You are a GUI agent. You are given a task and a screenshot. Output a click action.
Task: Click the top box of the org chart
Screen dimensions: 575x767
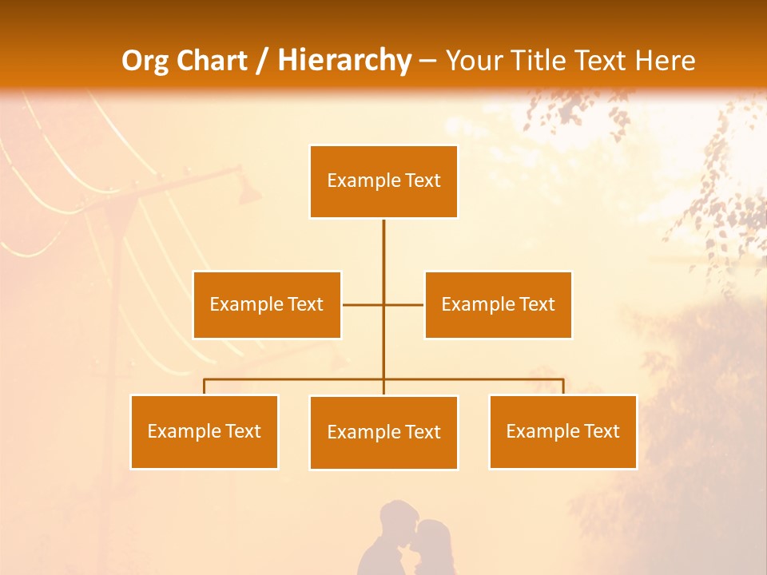click(x=383, y=181)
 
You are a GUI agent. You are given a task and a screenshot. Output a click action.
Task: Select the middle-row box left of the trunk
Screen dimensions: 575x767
click(x=267, y=304)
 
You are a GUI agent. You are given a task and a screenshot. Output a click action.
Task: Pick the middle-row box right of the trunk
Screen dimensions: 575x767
click(x=498, y=304)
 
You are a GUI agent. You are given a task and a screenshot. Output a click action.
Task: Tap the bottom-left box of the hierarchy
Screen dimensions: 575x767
click(x=204, y=431)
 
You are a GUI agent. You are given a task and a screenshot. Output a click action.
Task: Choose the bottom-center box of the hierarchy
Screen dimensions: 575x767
click(x=383, y=432)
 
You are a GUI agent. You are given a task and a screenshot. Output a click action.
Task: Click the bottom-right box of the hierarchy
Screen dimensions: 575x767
click(x=562, y=431)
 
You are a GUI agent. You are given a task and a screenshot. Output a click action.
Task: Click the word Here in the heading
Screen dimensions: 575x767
click(x=666, y=61)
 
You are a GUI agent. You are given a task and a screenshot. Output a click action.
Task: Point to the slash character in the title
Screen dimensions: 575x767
click(x=262, y=61)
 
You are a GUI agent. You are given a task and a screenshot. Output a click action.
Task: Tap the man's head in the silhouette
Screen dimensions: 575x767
click(x=396, y=516)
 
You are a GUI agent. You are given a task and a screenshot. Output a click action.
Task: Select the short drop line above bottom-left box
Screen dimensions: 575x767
click(x=204, y=387)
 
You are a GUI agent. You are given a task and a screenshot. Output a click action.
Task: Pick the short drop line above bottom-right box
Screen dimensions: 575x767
click(x=563, y=387)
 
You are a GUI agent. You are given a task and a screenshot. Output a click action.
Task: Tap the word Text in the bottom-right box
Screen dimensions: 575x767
click(x=602, y=431)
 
